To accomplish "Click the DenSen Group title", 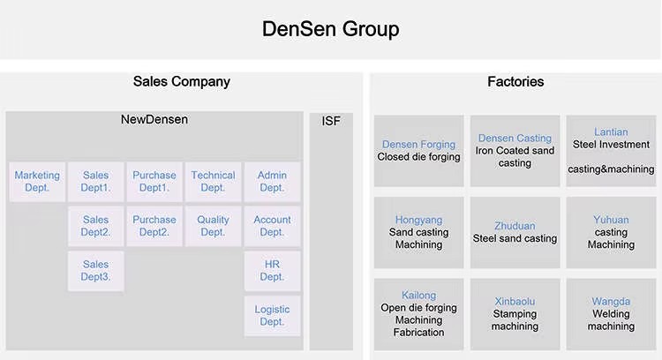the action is (x=331, y=29).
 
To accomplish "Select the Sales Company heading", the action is (x=182, y=81).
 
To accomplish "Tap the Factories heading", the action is (x=515, y=81).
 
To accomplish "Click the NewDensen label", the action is (x=154, y=119).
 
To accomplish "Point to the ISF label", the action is (x=331, y=121).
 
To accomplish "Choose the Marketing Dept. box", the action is (x=37, y=182).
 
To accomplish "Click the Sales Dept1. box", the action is (x=96, y=182).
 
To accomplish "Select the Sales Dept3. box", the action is (x=96, y=271).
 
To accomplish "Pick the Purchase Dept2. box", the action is (x=154, y=226).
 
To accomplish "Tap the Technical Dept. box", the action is (x=213, y=182).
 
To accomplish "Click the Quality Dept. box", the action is (x=213, y=226).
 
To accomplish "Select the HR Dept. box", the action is (x=272, y=271).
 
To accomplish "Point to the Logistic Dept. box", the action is (x=272, y=316).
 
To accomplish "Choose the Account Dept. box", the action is (x=272, y=226).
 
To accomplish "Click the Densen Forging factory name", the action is (x=418, y=145).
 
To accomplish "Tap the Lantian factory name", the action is (x=611, y=132).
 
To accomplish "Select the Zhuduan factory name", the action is (x=515, y=226).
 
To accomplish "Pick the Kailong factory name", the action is (x=418, y=296).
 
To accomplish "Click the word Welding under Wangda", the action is (x=611, y=314).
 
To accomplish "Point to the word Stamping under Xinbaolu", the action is (x=515, y=314).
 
